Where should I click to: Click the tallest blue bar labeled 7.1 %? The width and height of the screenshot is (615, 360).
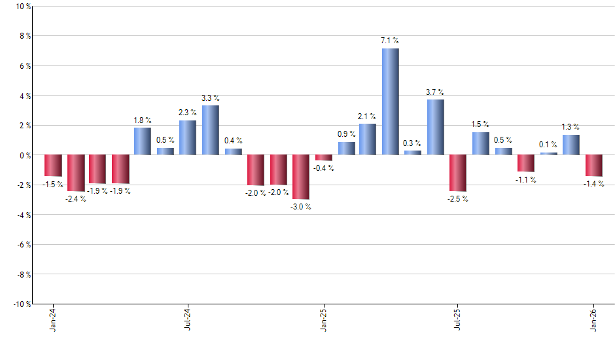391,101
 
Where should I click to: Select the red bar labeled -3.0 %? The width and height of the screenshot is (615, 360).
301,177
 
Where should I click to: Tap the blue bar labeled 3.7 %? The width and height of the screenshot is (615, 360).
436,127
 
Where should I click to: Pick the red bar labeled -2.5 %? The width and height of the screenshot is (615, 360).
458,173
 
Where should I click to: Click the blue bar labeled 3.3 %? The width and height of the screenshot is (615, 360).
211,130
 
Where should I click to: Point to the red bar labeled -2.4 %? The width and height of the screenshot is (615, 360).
76,173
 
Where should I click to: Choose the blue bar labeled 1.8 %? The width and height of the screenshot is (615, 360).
143,141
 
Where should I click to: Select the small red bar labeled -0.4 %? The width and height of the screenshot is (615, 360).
323,158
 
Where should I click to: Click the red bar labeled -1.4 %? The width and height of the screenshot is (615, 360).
594,166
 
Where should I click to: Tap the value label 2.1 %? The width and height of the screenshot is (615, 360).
367,117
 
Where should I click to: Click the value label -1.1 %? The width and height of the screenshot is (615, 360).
526,180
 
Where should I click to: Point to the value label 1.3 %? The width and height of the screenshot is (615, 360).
571,127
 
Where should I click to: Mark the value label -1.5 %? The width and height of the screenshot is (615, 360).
53,185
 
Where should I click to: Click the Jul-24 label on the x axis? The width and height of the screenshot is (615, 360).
188,319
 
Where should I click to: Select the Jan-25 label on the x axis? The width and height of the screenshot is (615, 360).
323,319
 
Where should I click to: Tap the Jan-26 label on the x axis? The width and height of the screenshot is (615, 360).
594,319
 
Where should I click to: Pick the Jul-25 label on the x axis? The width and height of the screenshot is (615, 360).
458,319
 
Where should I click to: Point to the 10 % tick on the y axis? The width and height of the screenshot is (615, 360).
22,7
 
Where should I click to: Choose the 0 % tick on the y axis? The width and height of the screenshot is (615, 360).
24,155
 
